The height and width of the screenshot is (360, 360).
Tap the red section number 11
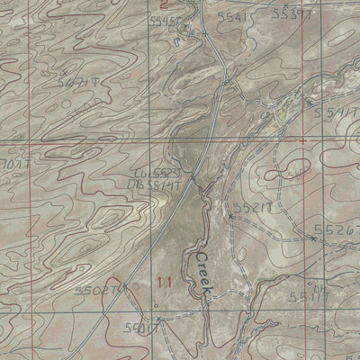coord(163,282)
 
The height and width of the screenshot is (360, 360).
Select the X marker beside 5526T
coord(312,238)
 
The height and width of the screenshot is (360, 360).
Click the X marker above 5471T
coord(64,72)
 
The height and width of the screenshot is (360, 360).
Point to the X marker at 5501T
coord(158,319)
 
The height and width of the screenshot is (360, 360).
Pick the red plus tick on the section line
coord(303,141)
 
